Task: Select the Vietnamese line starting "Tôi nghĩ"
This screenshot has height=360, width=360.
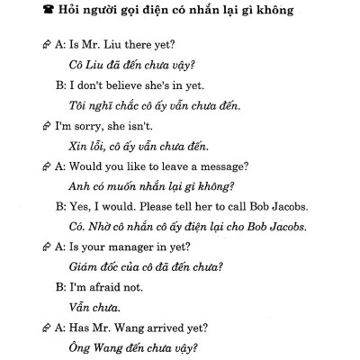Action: point(155,107)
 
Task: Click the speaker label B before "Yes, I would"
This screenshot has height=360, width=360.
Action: point(59,205)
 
